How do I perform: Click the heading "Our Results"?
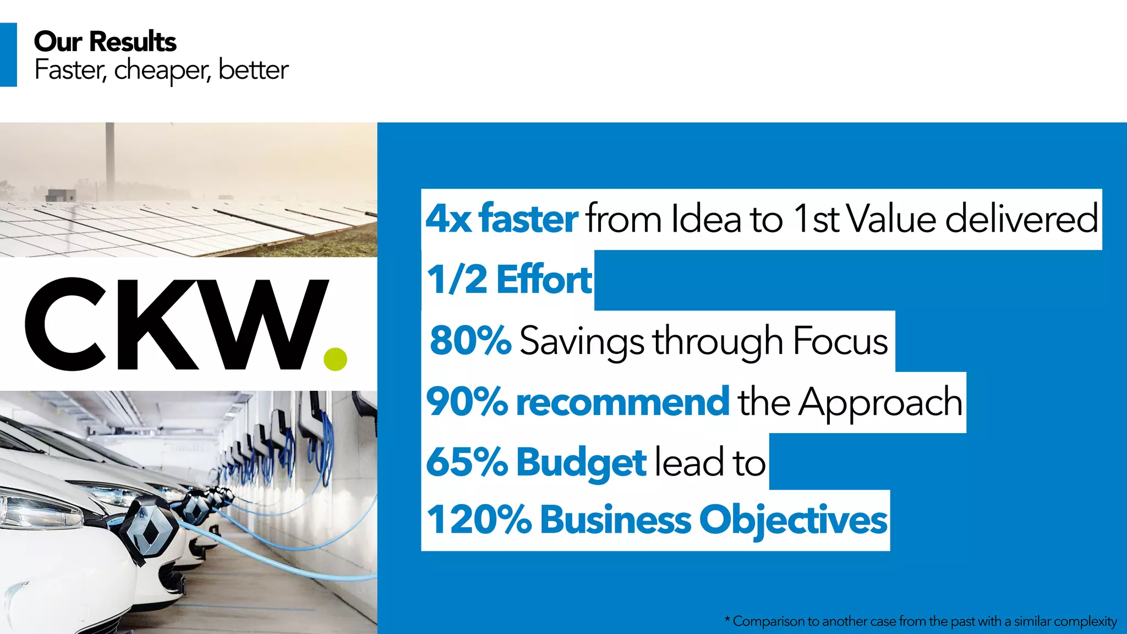click(x=105, y=42)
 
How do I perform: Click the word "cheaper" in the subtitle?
click(x=161, y=70)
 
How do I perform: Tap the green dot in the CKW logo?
click(x=335, y=359)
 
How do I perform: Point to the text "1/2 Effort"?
click(x=510, y=280)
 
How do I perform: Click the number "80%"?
click(x=471, y=340)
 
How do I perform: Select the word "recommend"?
click(x=622, y=401)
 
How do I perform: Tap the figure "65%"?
click(x=467, y=462)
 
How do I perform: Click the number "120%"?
click(x=479, y=520)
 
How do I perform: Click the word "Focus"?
click(x=840, y=341)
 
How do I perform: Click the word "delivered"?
click(x=1021, y=219)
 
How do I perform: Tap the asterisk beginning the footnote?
click(x=727, y=620)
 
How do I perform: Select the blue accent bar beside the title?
click(x=8, y=54)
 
